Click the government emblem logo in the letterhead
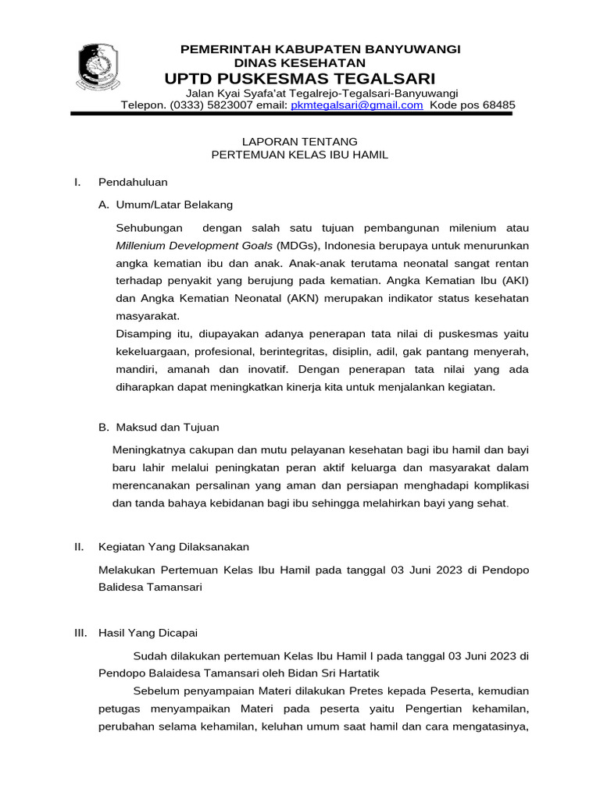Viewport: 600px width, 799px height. (98, 68)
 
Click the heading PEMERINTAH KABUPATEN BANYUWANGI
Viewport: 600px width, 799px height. (320, 49)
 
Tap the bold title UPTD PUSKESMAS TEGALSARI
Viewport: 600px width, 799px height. (299, 79)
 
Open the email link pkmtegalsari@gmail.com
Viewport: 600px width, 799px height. (357, 105)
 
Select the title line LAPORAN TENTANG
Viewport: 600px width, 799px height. (300, 141)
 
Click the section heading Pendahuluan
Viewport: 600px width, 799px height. (133, 182)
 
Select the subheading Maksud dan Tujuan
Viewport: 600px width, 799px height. (167, 427)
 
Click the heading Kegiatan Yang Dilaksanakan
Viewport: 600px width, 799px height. (173, 546)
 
